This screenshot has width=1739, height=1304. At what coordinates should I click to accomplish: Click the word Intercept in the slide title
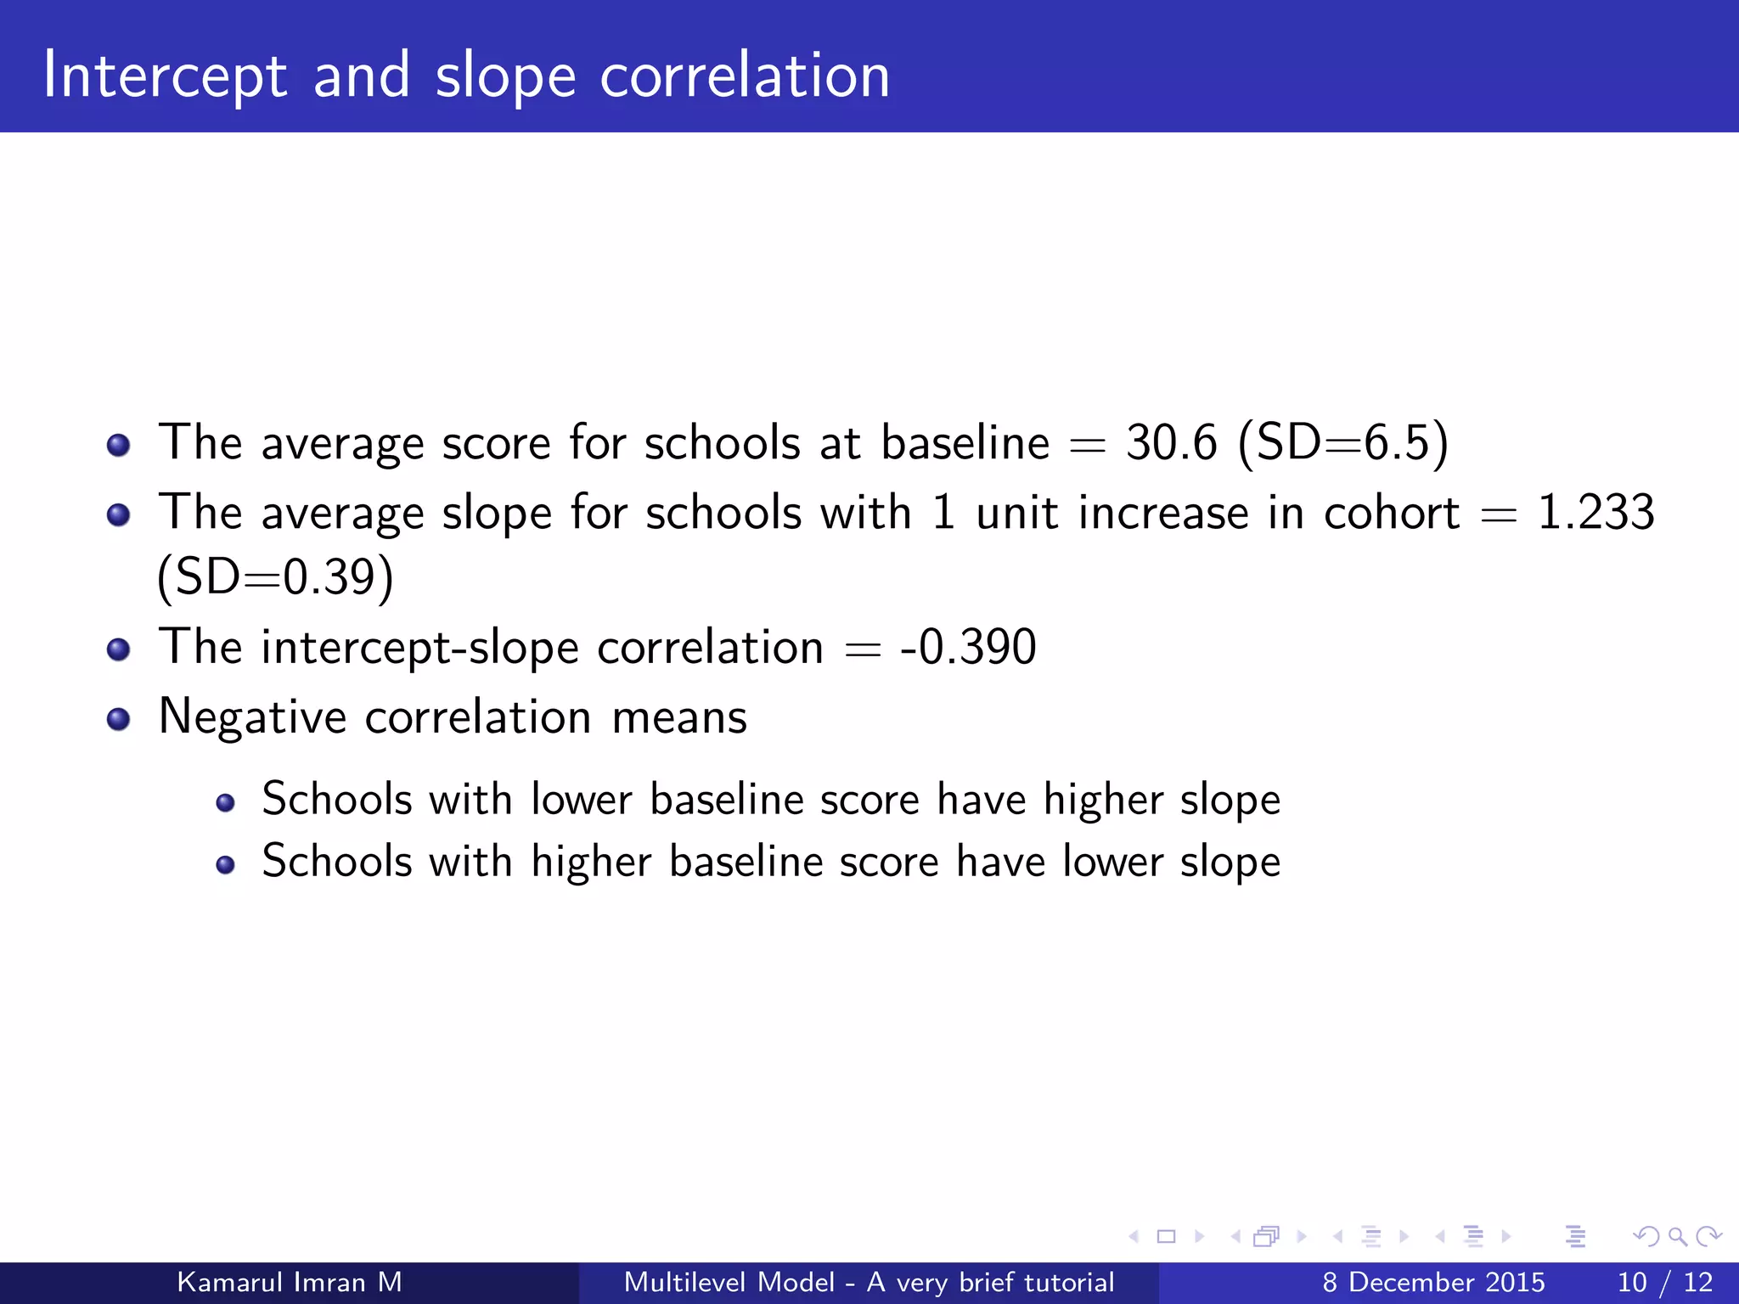[x=165, y=76]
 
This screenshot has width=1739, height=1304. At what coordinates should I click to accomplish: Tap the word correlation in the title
[x=745, y=76]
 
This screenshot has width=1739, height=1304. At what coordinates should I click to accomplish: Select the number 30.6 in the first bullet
[x=1171, y=442]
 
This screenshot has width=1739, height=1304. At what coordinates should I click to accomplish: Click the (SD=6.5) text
[x=1343, y=442]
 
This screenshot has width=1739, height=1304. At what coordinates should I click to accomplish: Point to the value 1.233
[x=1595, y=513]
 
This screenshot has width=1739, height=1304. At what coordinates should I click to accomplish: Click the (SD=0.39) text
[x=275, y=578]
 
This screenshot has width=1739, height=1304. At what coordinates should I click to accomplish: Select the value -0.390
[x=968, y=647]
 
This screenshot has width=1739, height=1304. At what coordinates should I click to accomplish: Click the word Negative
[x=252, y=717]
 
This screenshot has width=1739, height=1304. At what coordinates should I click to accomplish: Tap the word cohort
[x=1391, y=513]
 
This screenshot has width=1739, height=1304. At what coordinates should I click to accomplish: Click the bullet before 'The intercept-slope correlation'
[x=119, y=650]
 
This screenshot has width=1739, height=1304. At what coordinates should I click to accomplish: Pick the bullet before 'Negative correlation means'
[x=119, y=720]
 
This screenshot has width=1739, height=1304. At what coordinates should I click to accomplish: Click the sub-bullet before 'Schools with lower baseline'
[x=225, y=802]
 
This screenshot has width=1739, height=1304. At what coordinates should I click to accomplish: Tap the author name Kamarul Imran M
[x=289, y=1282]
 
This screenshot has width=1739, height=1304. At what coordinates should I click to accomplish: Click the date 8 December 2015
[x=1433, y=1282]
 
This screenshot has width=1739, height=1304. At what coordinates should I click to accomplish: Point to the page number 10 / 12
[x=1664, y=1282]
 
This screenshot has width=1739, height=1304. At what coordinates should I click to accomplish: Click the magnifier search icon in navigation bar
[x=1677, y=1236]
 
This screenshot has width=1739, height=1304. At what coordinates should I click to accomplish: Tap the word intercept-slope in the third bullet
[x=419, y=648]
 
